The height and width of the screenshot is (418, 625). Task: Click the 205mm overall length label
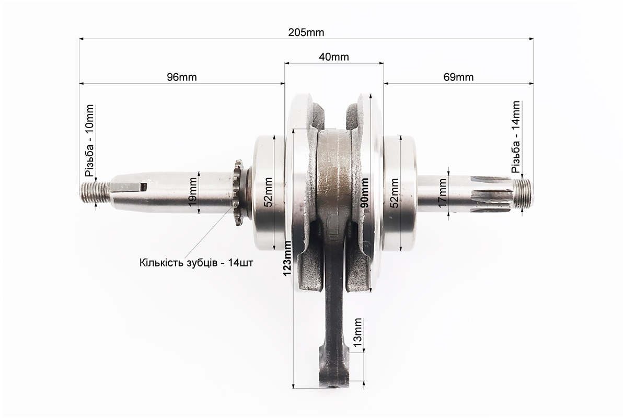[x=306, y=32]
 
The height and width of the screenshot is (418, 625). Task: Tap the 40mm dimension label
[x=334, y=57]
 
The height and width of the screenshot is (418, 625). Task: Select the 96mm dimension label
[x=182, y=77]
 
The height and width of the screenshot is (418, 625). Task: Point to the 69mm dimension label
[x=458, y=77]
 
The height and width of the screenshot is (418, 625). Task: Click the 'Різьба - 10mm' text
[x=89, y=141]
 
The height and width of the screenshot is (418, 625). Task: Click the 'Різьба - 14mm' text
[x=516, y=137]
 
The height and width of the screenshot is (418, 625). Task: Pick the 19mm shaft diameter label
[x=192, y=193]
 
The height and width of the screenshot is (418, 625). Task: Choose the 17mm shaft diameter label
[x=442, y=193]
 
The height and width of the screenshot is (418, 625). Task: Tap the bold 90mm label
[x=364, y=193]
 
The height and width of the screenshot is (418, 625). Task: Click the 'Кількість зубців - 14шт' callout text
[x=196, y=263]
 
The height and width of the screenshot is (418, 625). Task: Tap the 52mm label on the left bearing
[x=268, y=193]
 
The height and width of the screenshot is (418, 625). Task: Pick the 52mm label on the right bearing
[x=394, y=193]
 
